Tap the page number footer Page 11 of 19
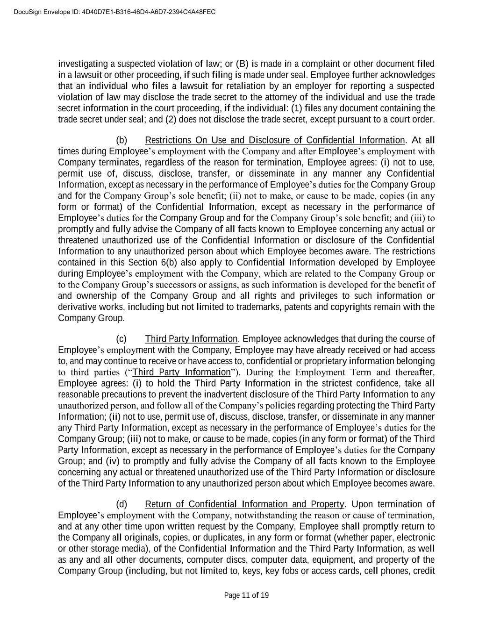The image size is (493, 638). click(246, 595)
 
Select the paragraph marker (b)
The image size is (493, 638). click(121, 140)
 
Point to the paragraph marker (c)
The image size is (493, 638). click(121, 339)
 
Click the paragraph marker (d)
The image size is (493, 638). click(121, 504)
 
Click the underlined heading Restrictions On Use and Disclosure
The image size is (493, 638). click(275, 140)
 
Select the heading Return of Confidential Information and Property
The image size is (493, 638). click(244, 504)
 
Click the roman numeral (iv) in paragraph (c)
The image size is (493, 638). click(109, 461)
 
